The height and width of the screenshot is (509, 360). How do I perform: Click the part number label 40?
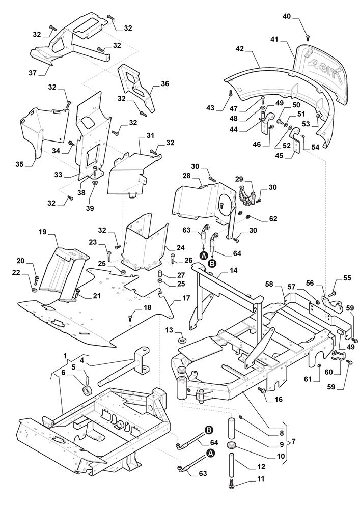[x=287, y=16]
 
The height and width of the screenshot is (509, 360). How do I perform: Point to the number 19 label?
[x=43, y=232]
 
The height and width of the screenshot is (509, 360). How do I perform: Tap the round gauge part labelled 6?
[x=87, y=390]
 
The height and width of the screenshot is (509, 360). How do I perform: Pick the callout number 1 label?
[x=65, y=355]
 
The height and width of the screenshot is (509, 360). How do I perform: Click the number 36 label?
[x=164, y=84]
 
